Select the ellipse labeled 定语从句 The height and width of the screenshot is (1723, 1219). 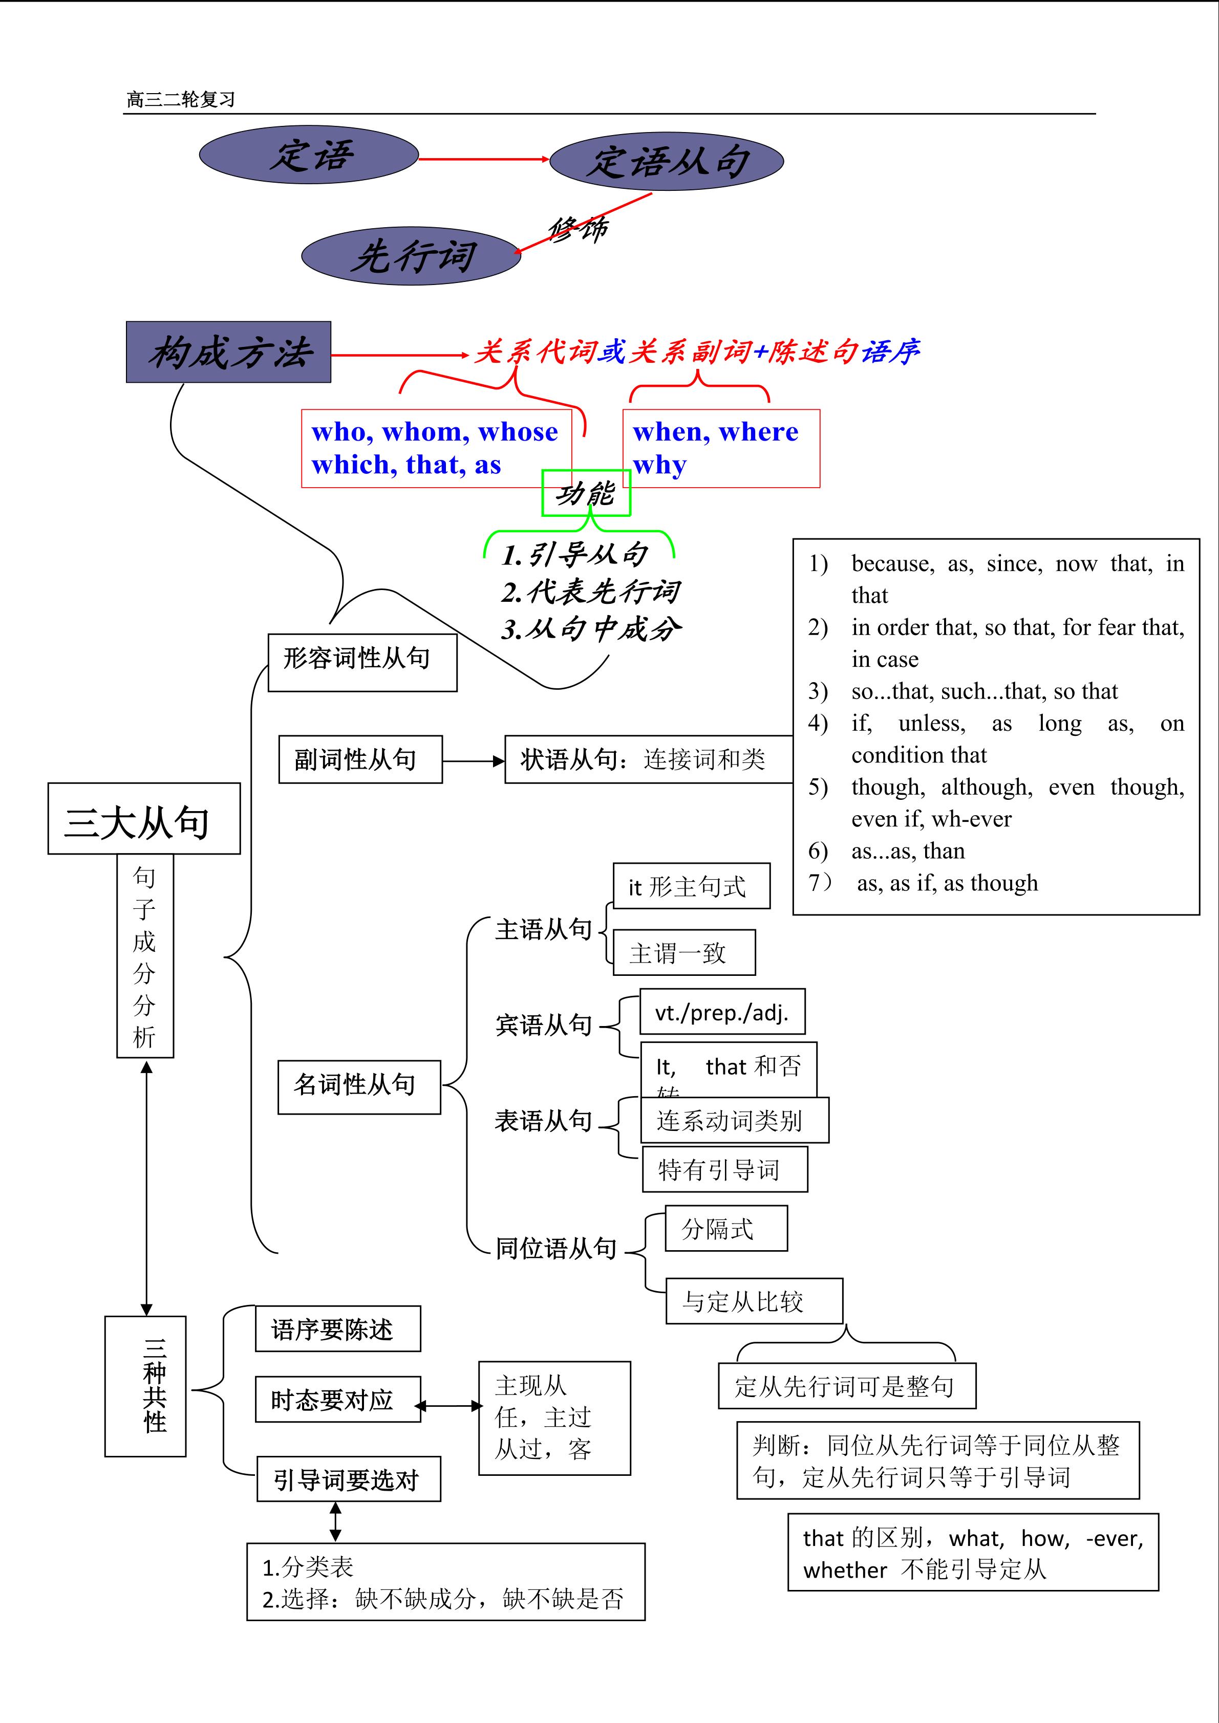pyautogui.click(x=667, y=161)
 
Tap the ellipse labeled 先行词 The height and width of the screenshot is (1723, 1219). pyautogui.click(x=411, y=256)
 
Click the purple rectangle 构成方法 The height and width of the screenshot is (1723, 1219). pyautogui.click(x=228, y=352)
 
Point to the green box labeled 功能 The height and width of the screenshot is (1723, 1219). pyautogui.click(x=586, y=493)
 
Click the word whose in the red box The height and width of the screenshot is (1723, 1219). pyautogui.click(x=518, y=432)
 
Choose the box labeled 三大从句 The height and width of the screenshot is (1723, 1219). pyautogui.click(x=143, y=819)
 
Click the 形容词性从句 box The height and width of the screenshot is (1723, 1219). pyautogui.click(x=362, y=663)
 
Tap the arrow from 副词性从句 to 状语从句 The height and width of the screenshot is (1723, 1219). pyautogui.click(x=473, y=761)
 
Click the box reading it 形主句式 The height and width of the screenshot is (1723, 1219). pyautogui.click(x=691, y=886)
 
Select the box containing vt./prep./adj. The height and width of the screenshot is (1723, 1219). pyautogui.click(x=722, y=1012)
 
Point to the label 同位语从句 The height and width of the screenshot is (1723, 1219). pyautogui.click(x=556, y=1249)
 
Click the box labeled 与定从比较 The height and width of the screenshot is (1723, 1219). pyautogui.click(x=754, y=1302)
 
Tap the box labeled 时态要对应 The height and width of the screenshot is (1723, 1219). pyautogui.click(x=338, y=1400)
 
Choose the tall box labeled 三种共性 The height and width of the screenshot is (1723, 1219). pyautogui.click(x=145, y=1386)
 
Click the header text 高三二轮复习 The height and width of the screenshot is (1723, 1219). pyautogui.click(x=181, y=100)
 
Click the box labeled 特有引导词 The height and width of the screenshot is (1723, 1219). pyautogui.click(x=724, y=1169)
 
